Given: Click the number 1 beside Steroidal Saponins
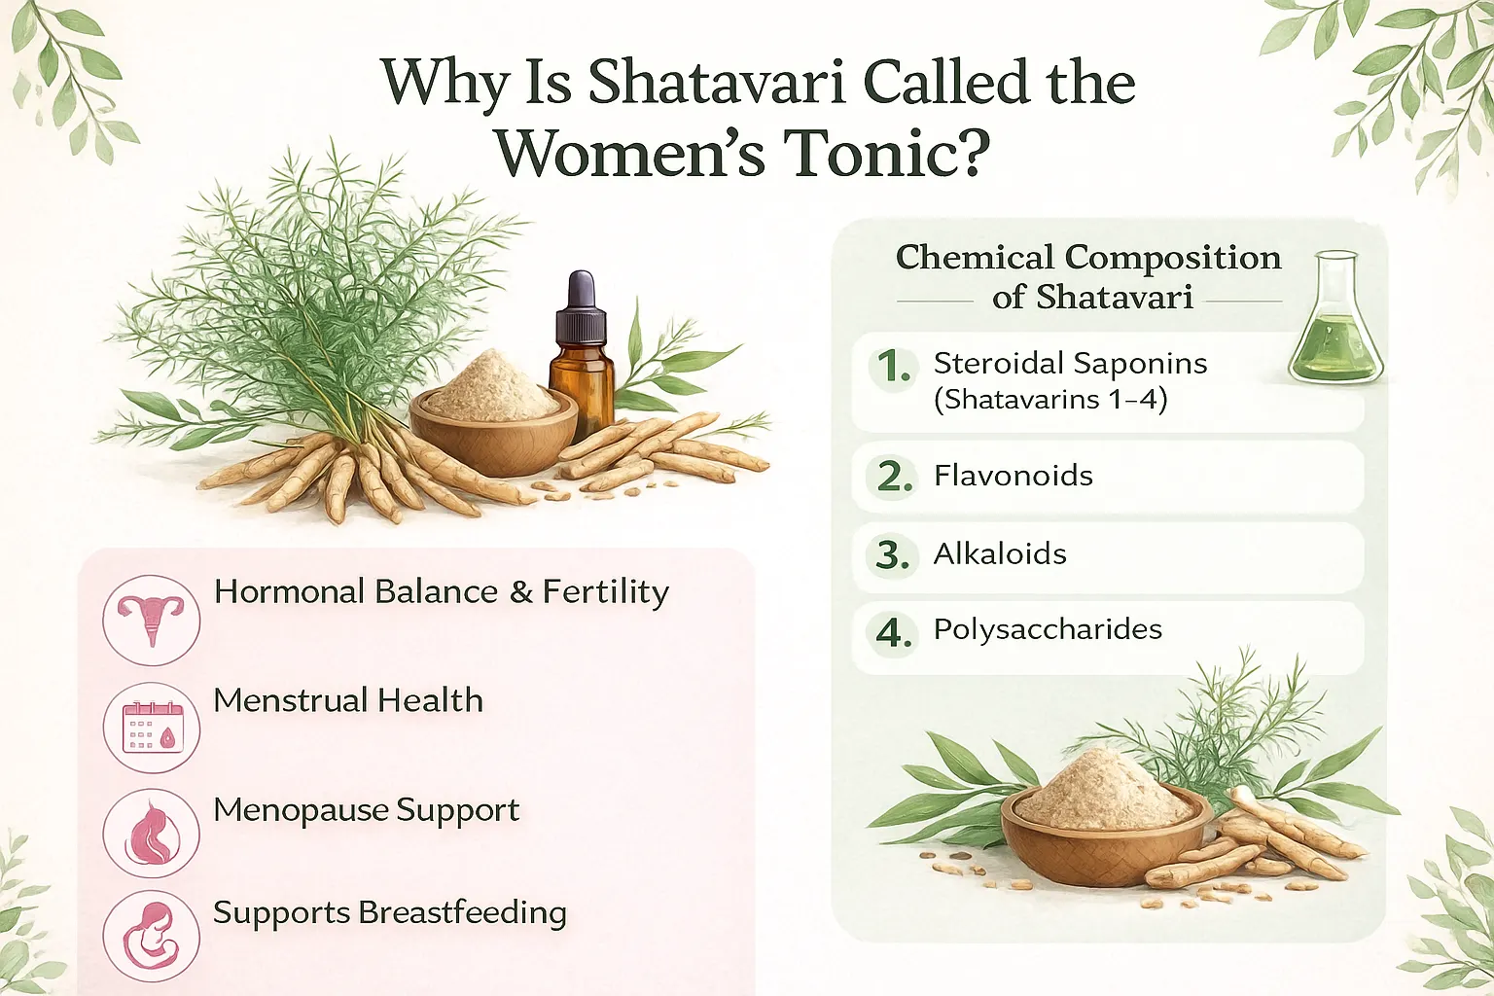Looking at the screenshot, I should click(893, 367).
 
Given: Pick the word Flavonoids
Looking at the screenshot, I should click(1013, 476).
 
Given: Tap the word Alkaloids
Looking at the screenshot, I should click(1000, 553).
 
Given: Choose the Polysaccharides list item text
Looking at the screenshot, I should click(1048, 629).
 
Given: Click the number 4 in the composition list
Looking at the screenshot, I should click(893, 633).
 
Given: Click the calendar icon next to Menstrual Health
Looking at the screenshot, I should click(151, 728).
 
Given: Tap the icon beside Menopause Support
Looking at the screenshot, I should click(151, 834).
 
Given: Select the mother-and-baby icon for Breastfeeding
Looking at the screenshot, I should click(151, 937).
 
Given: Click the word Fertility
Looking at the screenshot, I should click(605, 592).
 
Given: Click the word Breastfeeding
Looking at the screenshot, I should click(462, 912).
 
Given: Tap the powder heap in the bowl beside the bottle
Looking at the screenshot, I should click(491, 384).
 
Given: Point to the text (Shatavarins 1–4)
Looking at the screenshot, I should click(1049, 400).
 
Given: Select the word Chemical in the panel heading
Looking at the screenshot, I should click(975, 258).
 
